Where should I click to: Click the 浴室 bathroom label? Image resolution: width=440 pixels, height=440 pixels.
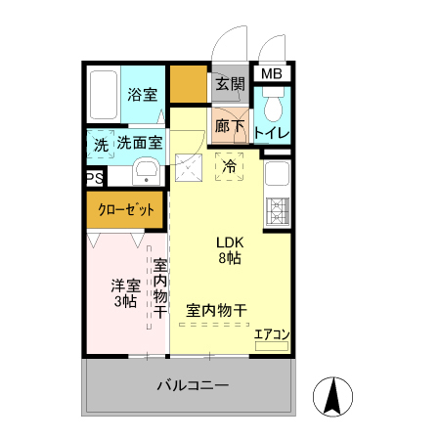[x=142, y=95]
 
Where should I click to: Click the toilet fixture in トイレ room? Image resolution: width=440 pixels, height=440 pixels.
[x=274, y=104]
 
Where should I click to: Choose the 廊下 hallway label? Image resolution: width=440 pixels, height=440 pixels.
[x=230, y=125]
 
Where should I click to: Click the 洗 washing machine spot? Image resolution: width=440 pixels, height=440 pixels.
[x=101, y=144]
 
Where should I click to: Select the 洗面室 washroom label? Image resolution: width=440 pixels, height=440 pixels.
[x=141, y=144]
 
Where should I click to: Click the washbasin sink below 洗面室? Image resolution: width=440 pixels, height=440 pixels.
[x=148, y=172]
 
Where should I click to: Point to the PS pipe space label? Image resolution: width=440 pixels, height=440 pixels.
[x=94, y=178]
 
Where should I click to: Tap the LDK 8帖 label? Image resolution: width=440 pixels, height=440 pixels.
[x=231, y=250]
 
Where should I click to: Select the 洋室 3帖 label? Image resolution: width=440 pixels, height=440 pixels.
[x=123, y=292]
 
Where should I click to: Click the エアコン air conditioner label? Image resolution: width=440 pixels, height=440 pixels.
[x=272, y=334]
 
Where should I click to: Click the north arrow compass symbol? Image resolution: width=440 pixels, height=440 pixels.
[x=332, y=396]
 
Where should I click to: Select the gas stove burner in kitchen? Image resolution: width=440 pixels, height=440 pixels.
[x=276, y=210]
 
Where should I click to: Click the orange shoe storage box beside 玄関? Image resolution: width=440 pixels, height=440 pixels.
[x=188, y=85]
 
